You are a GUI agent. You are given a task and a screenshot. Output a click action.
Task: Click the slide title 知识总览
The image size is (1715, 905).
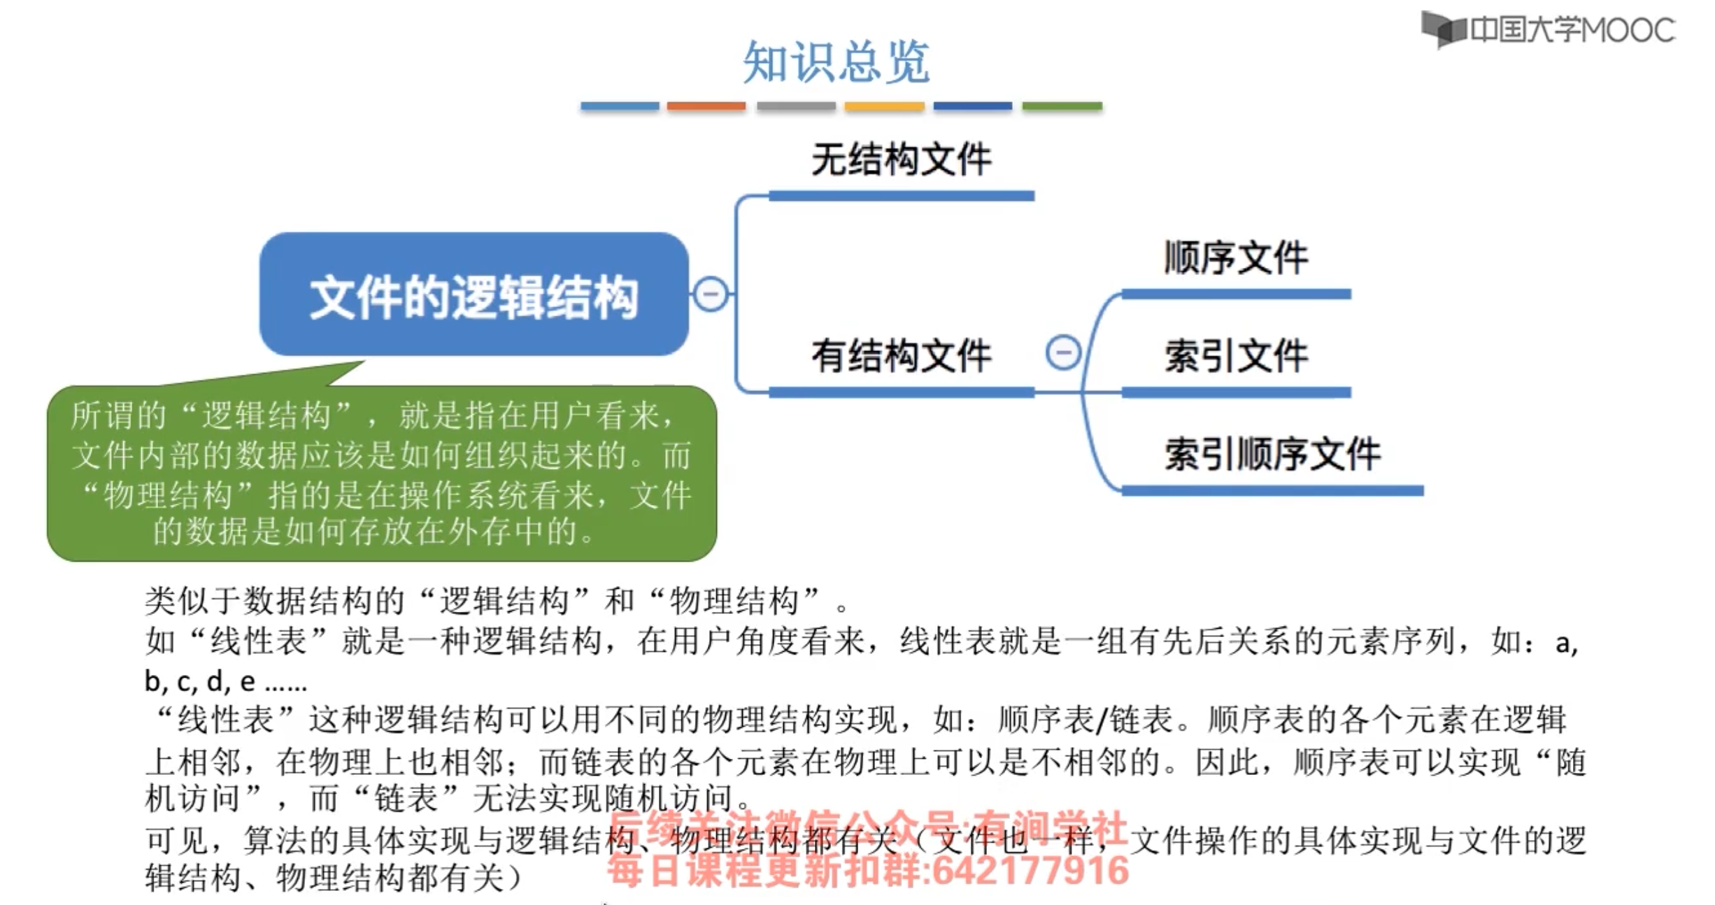coord(836,62)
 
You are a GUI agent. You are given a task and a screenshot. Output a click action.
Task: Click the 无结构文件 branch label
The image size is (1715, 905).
coord(901,159)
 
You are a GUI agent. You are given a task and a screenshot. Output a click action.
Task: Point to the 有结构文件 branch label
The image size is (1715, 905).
coord(901,355)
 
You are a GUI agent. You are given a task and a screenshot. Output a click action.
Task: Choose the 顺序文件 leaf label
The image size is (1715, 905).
coord(1236,257)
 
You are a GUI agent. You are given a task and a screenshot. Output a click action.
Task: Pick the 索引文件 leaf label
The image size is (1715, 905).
coord(1236,355)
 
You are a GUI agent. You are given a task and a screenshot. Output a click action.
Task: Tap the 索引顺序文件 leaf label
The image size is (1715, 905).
coord(1272,453)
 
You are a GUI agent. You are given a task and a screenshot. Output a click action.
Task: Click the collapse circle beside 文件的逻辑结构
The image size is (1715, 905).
coord(711,294)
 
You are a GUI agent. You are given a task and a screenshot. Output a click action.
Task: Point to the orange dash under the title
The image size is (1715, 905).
coord(706,106)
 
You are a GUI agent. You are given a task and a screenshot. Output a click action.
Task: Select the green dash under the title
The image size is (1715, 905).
coord(1062,106)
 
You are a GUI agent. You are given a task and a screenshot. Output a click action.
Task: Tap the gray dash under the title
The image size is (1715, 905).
coord(795,106)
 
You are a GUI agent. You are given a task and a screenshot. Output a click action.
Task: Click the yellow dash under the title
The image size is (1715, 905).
coord(884,106)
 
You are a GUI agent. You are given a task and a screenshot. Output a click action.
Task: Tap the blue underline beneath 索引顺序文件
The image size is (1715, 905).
coord(1272,491)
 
